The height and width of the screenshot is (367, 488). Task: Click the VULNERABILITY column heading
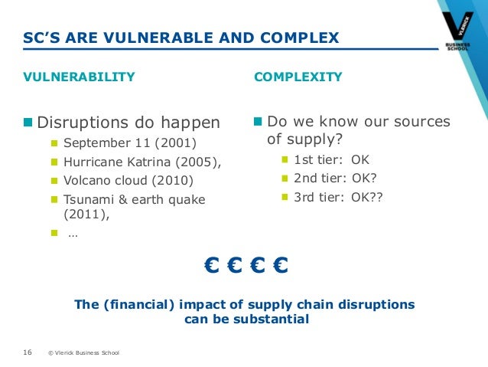click(79, 77)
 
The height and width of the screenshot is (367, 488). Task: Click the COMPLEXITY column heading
click(298, 77)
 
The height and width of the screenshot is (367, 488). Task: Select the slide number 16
click(27, 352)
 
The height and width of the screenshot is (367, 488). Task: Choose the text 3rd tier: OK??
click(338, 196)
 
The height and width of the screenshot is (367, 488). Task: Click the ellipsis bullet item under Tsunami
click(72, 234)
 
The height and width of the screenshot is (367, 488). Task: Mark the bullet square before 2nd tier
click(285, 179)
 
